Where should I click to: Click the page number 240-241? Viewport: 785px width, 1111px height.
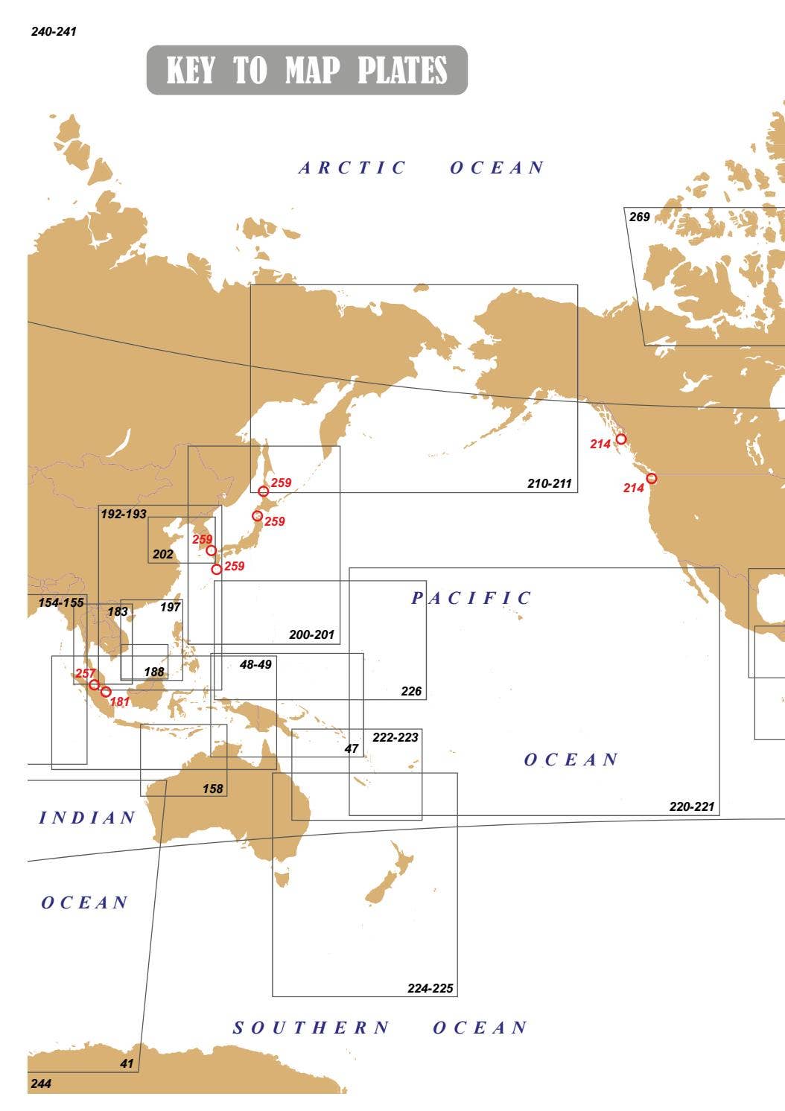coord(54,32)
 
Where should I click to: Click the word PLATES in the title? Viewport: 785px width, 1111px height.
coord(402,71)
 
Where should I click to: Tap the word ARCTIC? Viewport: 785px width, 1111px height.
coord(352,168)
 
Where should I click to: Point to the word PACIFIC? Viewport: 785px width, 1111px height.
coord(471,598)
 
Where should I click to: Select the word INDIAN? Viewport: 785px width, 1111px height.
coord(87,818)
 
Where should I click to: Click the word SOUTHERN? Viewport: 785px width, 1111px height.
coord(311,1028)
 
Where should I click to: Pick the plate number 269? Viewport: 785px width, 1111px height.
coord(639,217)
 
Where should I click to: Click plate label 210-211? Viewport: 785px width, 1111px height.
coord(550,484)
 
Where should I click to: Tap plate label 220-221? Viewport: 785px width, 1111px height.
coord(692,806)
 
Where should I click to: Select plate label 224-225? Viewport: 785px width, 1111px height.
coord(430,989)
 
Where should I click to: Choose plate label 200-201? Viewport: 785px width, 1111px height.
coord(311,635)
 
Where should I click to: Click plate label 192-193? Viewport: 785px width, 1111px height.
coord(123,515)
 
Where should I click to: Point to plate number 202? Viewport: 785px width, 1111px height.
coord(162,554)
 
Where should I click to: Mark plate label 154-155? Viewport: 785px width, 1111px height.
coord(61,602)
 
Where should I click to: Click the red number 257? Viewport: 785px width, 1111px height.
coord(86,674)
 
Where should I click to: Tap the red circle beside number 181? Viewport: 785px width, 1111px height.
coord(106,692)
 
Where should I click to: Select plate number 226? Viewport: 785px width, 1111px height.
coord(411,691)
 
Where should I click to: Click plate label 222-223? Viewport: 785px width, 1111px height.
coord(395,737)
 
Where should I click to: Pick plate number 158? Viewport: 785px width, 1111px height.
coord(213,789)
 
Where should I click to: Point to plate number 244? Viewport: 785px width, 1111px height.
coord(41,1083)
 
